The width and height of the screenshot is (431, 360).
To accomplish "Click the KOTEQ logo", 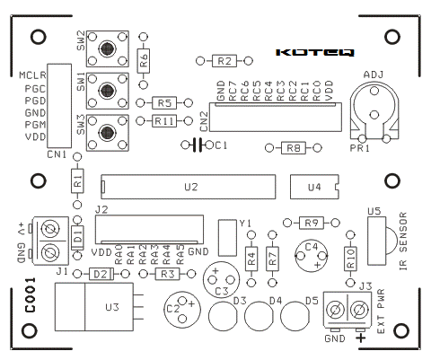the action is [315, 52].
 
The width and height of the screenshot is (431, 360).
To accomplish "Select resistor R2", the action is [224, 61].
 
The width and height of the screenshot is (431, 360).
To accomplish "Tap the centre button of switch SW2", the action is [108, 48].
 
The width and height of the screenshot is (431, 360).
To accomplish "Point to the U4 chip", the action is [314, 187].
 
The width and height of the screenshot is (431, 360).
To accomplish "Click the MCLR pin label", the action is [32, 75].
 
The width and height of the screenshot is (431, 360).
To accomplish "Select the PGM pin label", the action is [35, 125].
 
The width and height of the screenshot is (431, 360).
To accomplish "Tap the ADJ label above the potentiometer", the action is [374, 75].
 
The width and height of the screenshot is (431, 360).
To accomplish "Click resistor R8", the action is [294, 148].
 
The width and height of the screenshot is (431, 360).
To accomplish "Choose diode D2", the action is [101, 274].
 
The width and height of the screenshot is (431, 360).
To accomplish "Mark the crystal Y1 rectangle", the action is [227, 238].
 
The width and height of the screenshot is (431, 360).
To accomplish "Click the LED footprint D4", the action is [259, 316].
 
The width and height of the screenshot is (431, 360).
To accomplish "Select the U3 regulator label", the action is [112, 307].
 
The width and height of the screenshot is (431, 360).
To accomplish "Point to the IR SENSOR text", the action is [403, 241].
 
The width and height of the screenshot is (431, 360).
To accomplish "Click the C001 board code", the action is [30, 295].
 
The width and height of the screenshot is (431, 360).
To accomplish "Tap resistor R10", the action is [350, 259].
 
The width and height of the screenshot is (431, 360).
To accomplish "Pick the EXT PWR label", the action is [381, 312].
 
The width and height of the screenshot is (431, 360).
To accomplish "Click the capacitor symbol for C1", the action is [198, 145].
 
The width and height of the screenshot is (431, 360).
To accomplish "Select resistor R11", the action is [164, 121].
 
